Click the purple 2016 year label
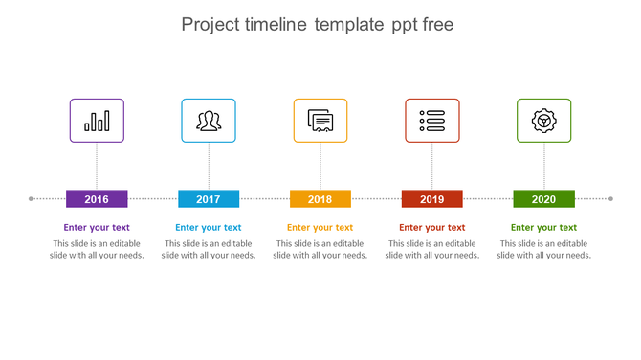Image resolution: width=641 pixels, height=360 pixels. coord(97,199)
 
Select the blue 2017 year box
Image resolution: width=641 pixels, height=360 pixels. coord(209,199)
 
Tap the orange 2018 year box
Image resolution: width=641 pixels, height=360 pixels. coord(320,199)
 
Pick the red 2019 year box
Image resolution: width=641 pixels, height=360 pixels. coord(431,199)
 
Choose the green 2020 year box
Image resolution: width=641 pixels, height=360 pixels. coord(543,199)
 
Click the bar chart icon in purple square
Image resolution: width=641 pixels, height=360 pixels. coord(97,121)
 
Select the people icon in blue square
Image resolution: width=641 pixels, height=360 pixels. coord(209,121)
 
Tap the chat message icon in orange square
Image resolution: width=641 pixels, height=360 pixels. coord(320,121)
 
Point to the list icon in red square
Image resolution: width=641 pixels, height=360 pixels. coord(431,121)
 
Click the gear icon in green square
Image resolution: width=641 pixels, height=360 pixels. coord(543,121)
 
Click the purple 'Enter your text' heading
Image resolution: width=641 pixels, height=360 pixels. coord(97,228)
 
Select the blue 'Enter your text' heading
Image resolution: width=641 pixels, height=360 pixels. coord(209,228)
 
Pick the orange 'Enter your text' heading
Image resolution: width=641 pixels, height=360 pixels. coord(320,228)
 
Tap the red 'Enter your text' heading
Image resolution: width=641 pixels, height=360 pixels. coord(431,228)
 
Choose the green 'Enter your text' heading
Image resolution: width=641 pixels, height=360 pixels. coord(543,228)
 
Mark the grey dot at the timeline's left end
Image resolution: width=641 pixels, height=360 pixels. coord(32,199)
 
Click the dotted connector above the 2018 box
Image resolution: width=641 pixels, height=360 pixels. coord(320,167)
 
